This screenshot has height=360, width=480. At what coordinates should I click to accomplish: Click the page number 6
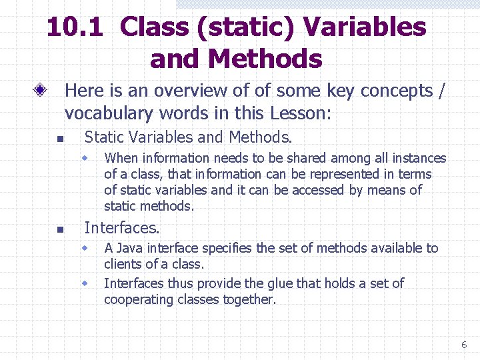click(464, 345)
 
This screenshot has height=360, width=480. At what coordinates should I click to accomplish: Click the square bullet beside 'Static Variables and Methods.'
click(59, 139)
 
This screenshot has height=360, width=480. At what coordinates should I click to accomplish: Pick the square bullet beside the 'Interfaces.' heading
click(59, 230)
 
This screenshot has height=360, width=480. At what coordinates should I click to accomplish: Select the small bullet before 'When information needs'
click(85, 158)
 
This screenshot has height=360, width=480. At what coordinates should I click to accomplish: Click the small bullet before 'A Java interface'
click(85, 248)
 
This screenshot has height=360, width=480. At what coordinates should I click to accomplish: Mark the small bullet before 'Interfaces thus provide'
click(85, 283)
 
